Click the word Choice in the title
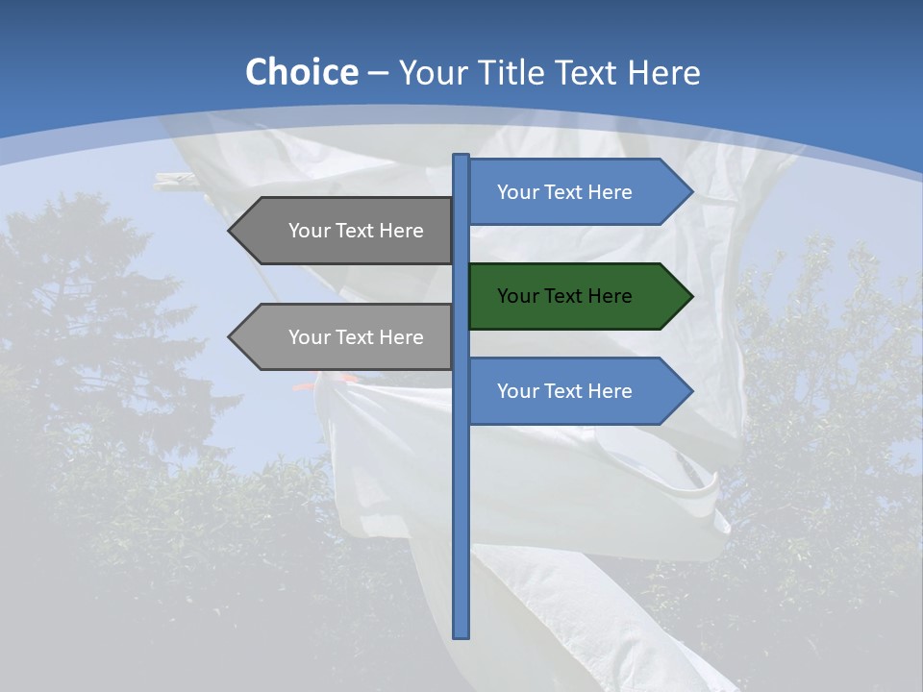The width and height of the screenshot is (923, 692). (x=301, y=73)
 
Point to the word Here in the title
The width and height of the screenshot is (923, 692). (x=663, y=73)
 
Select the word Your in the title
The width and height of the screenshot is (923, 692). (x=430, y=73)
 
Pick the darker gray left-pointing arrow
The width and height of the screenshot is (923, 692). (x=346, y=231)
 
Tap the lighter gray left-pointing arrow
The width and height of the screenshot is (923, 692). (x=346, y=337)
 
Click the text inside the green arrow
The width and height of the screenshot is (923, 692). (x=564, y=296)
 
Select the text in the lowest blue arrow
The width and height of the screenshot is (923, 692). (x=564, y=391)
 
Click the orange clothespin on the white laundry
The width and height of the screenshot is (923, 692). (x=306, y=386)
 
